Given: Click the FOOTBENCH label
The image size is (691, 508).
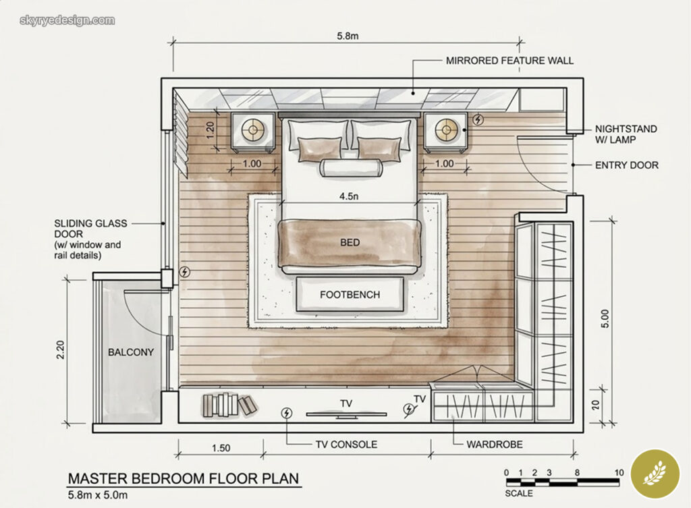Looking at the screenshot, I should point(350,295).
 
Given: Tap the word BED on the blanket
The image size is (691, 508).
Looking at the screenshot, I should point(350,242).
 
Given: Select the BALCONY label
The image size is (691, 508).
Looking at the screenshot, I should point(131,352).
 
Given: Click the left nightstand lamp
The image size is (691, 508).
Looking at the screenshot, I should point(254,130).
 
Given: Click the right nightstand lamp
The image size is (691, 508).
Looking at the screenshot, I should point(446,130).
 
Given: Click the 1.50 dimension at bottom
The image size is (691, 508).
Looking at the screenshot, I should point(221,448).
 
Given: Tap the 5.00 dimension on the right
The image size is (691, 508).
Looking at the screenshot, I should point(605,316).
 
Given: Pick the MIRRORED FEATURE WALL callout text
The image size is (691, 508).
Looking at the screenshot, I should point(509,61).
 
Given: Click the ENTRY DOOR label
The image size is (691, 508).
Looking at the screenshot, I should point(626,165).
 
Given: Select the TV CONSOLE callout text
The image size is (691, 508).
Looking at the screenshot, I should point(346,445).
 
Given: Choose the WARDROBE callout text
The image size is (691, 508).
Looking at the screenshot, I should point(495,445).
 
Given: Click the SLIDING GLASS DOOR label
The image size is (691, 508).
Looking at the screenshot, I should point(88,239).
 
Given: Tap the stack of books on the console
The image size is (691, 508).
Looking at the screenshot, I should point(229,404).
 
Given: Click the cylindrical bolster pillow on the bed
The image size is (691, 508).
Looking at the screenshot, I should point(350,168).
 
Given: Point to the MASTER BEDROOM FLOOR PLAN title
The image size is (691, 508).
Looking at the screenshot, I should point(184,479).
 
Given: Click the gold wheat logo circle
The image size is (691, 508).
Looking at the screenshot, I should point(654,474).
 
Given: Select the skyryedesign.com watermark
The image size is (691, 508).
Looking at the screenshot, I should point(67,20).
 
